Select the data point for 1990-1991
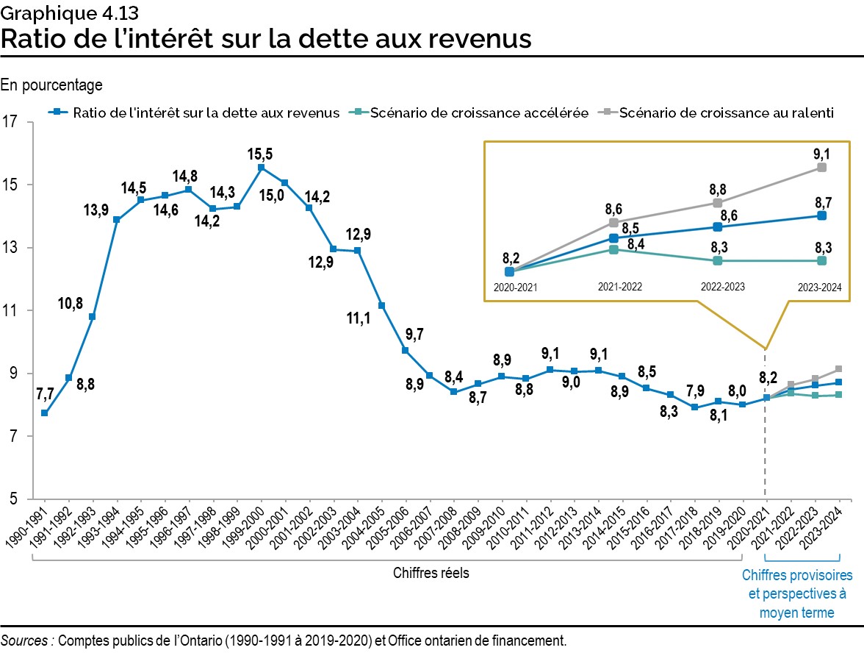coord(45,413)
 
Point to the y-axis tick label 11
coord(10,311)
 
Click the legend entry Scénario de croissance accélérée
coord(478,113)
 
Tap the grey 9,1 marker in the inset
coord(821,168)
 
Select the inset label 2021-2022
coord(620,287)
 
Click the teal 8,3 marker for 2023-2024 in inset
coord(821,260)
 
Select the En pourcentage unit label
coord(51,85)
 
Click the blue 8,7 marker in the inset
coord(821,215)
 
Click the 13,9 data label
coord(96,210)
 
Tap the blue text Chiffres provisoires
coord(797,574)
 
